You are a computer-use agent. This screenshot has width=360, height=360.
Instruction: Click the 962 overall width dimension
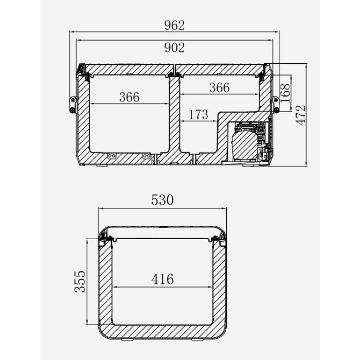(174, 25)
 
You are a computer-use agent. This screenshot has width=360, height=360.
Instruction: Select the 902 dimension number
(174, 48)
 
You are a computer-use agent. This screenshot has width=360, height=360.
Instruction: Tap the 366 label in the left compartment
(129, 97)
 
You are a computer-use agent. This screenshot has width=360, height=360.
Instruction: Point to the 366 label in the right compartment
(220, 88)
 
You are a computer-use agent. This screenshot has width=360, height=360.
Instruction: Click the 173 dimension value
(199, 115)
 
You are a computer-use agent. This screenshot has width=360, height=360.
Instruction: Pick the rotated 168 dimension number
(285, 93)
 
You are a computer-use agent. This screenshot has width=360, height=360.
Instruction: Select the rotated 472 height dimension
(301, 115)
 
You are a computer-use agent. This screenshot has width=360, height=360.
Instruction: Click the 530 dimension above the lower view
(163, 200)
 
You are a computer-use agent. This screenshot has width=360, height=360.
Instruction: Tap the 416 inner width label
(163, 279)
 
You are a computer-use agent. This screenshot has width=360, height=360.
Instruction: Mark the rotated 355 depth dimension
(80, 281)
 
